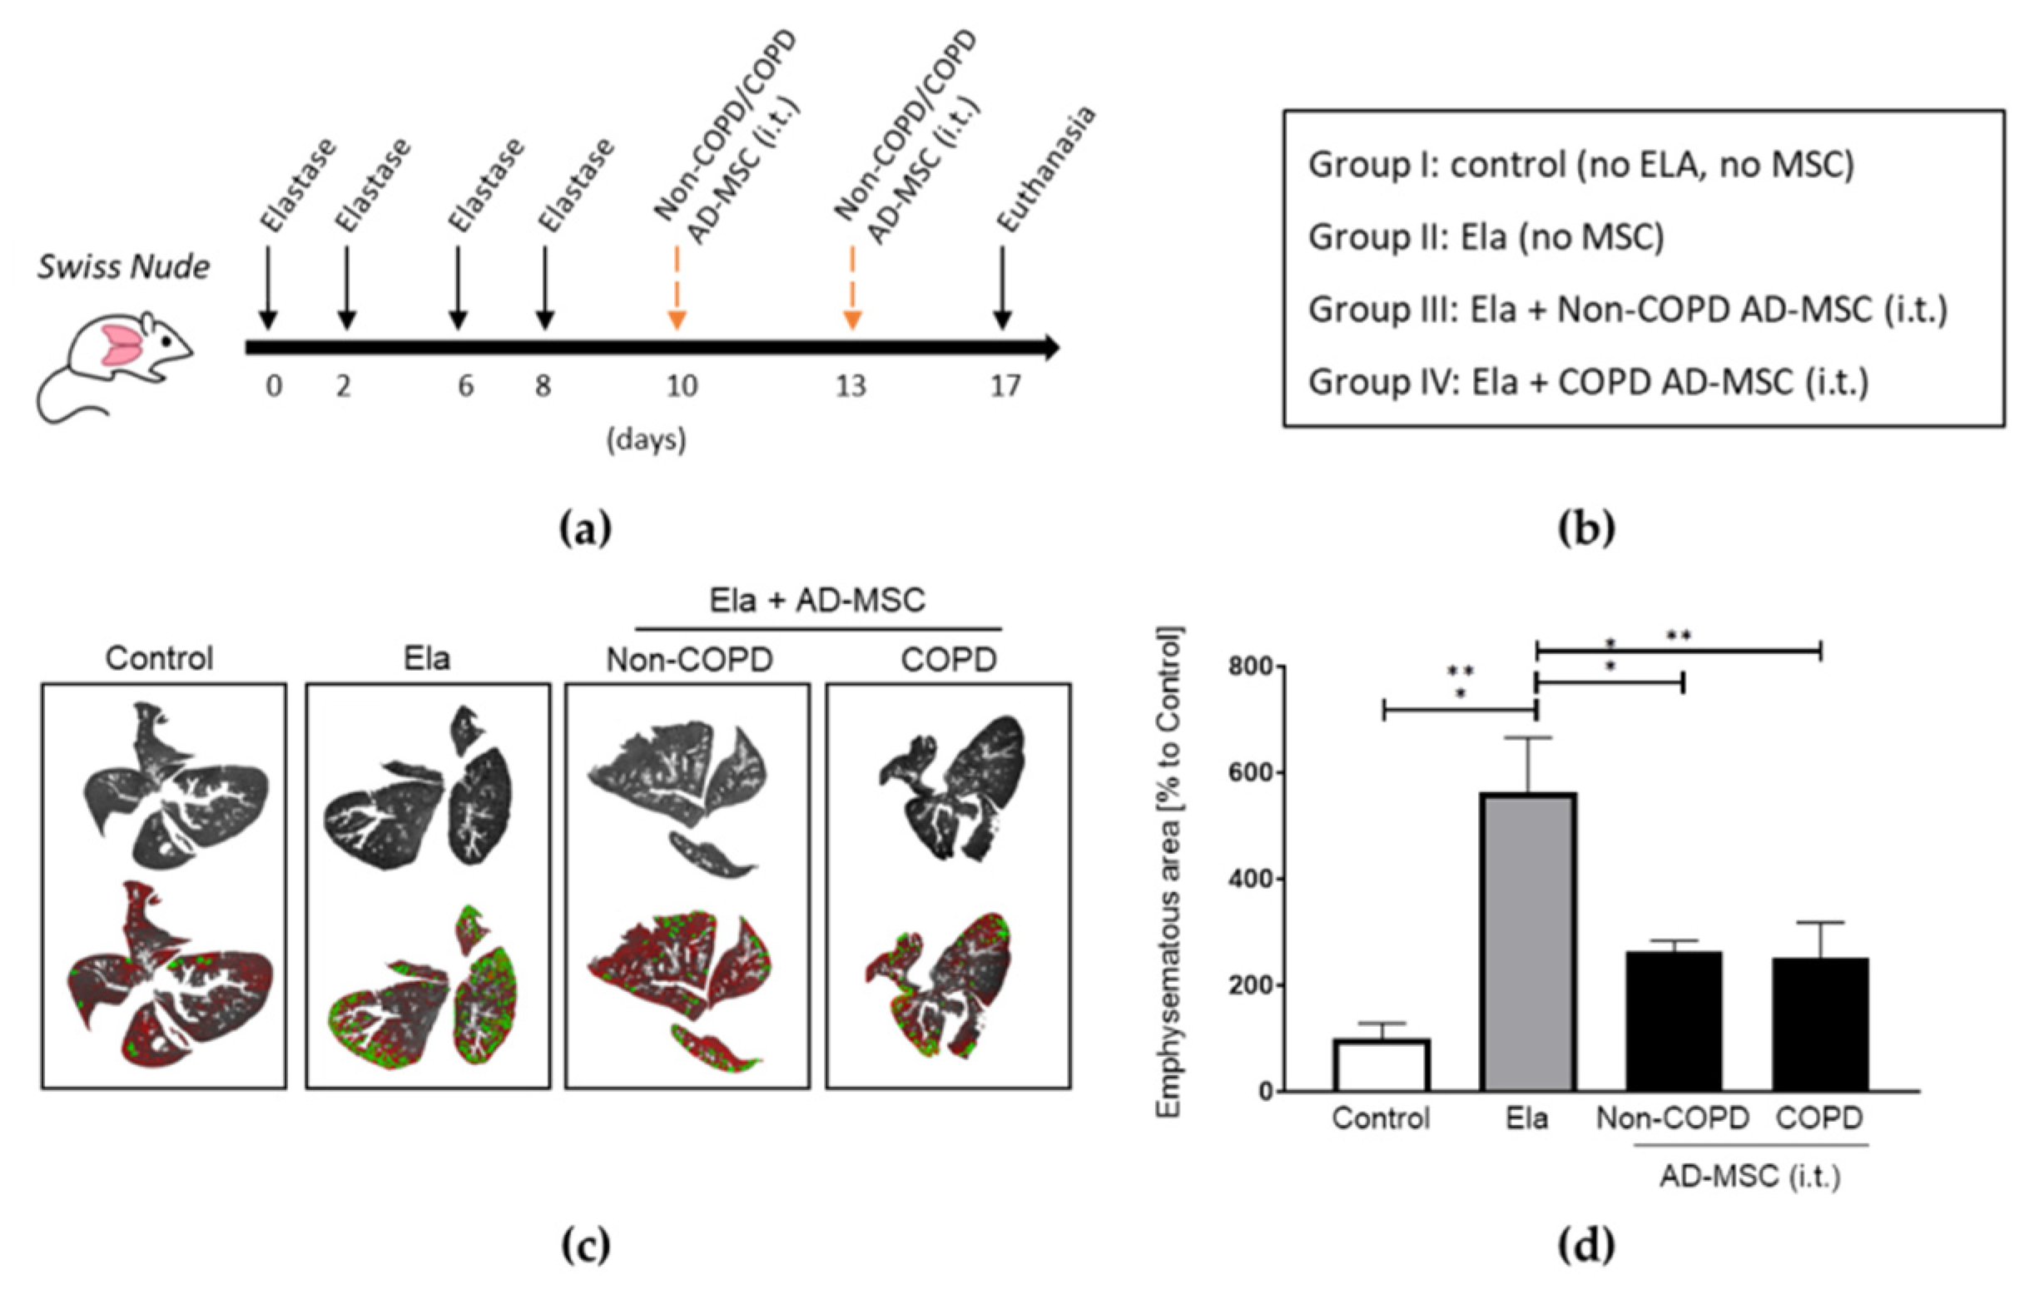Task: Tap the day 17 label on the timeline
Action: (1005, 386)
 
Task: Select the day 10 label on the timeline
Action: (682, 386)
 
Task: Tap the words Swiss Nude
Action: (123, 267)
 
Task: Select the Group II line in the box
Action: (1486, 236)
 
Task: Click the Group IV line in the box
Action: (1588, 382)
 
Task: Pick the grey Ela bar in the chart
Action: (1528, 942)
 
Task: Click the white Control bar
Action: (1382, 1065)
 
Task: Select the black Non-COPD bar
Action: (1674, 1021)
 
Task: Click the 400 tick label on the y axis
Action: (1249, 880)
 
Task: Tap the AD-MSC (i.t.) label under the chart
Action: (1749, 1177)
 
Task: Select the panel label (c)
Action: (585, 1245)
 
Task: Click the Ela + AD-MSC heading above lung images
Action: (816, 601)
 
